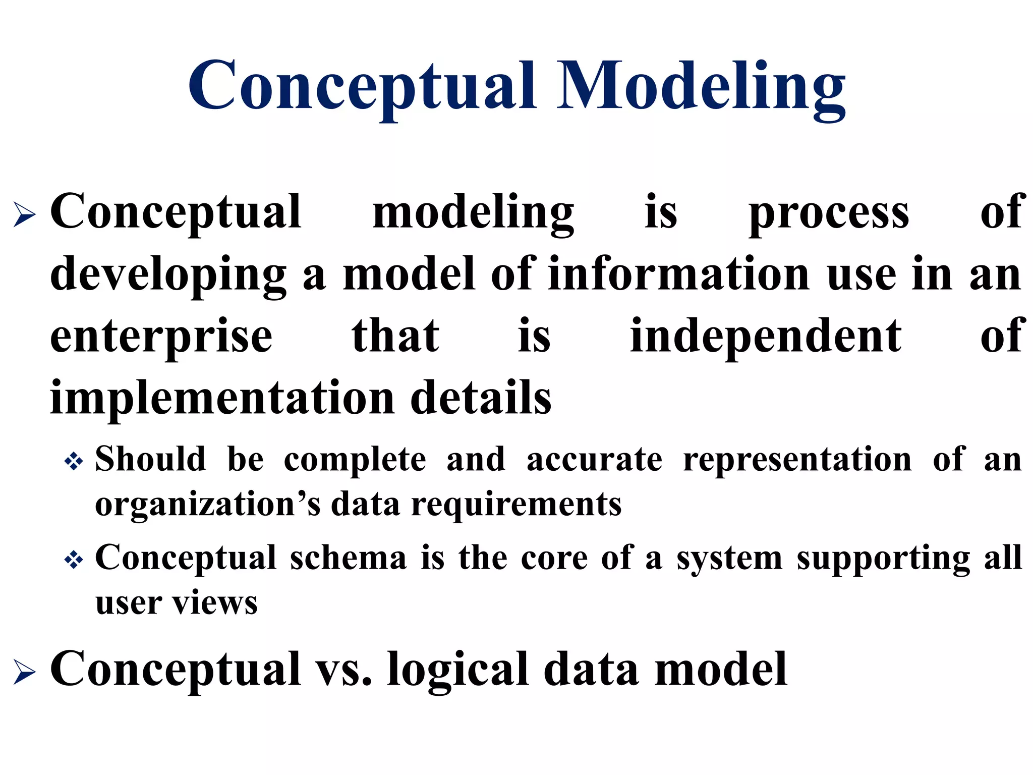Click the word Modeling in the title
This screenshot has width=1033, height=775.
tap(701, 87)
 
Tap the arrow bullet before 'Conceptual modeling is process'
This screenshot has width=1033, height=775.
tap(24, 215)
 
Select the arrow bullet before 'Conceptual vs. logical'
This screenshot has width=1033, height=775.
tap(24, 673)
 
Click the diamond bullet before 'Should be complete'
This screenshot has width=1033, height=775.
tap(74, 461)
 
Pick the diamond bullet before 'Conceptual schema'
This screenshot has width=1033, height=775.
tap(74, 560)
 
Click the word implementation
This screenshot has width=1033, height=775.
tap(222, 398)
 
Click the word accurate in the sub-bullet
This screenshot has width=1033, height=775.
tap(594, 460)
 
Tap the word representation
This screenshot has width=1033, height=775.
tap(797, 460)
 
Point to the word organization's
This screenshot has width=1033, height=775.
tap(207, 505)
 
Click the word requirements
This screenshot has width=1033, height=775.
tap(516, 505)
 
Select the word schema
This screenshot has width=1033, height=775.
tap(348, 558)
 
